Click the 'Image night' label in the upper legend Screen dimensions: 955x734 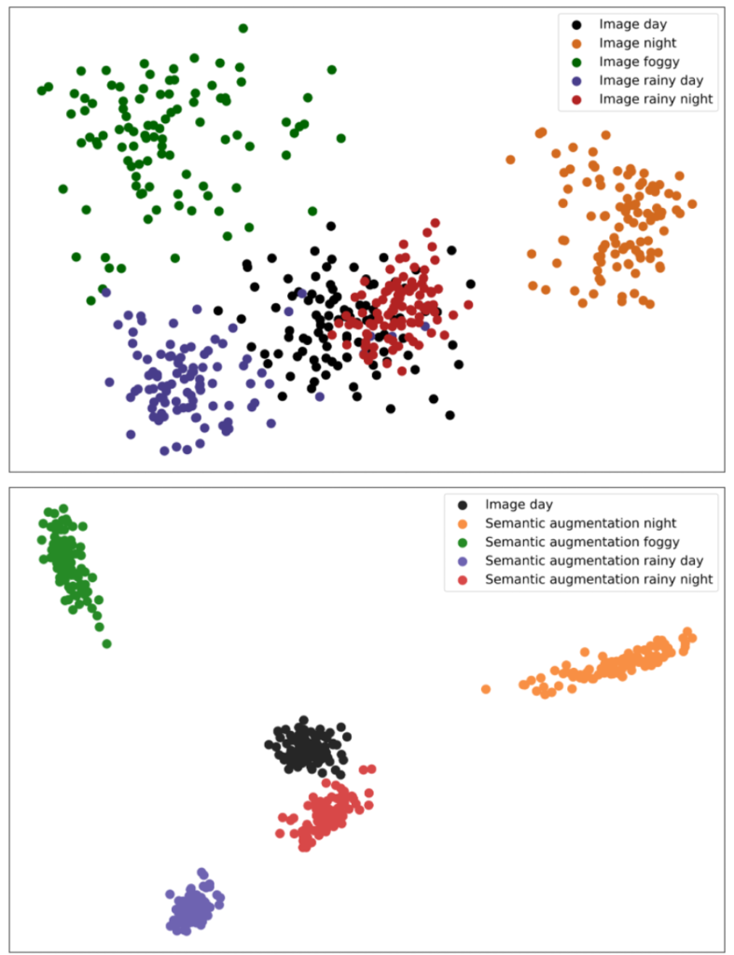click(x=637, y=43)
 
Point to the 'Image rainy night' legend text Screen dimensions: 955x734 click(x=656, y=99)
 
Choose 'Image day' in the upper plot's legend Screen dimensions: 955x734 click(x=632, y=24)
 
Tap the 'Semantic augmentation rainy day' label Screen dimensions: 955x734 click(x=594, y=561)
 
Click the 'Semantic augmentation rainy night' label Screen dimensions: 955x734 click(x=599, y=579)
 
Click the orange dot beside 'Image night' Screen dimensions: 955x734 click(x=577, y=43)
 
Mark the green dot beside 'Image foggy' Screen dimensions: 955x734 click(x=577, y=62)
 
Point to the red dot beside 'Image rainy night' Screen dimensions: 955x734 click(x=577, y=99)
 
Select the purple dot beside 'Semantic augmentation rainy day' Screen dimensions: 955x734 click(x=464, y=561)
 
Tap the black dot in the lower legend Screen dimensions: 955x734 click(x=464, y=505)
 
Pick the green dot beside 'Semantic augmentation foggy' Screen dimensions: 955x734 click(x=464, y=542)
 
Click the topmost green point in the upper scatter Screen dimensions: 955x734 click(x=243, y=28)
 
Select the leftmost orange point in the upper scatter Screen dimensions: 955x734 click(x=510, y=159)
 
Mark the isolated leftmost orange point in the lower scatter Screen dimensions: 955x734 click(x=486, y=689)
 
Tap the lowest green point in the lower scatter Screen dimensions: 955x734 click(x=106, y=644)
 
